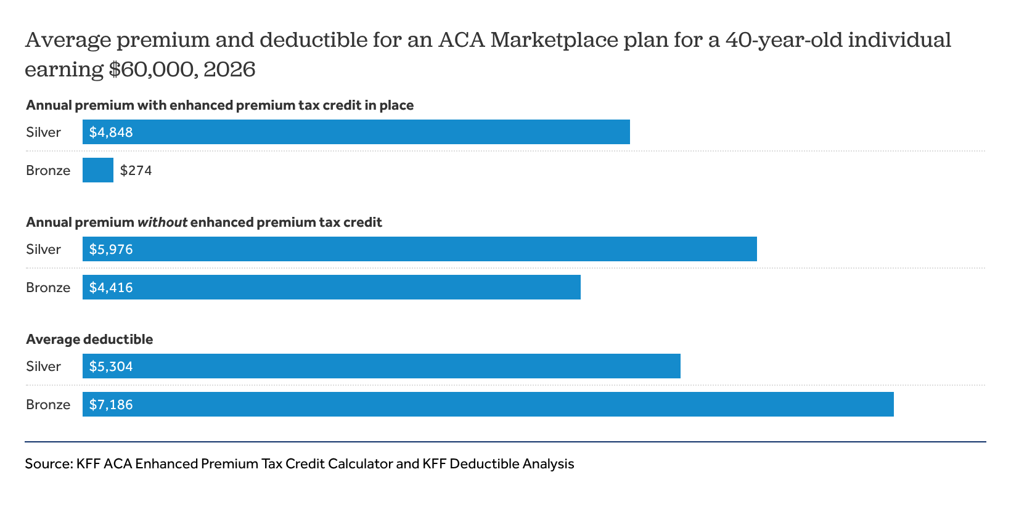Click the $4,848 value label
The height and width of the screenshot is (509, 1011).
tap(111, 132)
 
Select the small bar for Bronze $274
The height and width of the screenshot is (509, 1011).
tap(98, 170)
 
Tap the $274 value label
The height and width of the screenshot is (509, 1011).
tap(136, 171)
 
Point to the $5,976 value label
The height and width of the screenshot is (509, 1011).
tap(111, 250)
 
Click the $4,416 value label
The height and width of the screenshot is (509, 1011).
tap(111, 288)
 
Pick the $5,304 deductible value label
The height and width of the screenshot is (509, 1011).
tap(111, 367)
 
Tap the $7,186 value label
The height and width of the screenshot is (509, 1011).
tap(111, 405)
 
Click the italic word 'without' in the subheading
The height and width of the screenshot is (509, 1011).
tap(162, 222)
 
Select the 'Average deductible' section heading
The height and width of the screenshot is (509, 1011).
tap(89, 340)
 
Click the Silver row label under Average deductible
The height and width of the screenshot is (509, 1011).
tap(43, 367)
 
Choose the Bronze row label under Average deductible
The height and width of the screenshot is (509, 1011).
tap(48, 405)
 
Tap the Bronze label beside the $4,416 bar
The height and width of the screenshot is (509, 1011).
tap(48, 288)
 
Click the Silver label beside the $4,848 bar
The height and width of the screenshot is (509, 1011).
tap(43, 132)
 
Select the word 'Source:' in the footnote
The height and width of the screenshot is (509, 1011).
tap(49, 464)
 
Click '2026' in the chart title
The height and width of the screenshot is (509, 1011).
tap(229, 69)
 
